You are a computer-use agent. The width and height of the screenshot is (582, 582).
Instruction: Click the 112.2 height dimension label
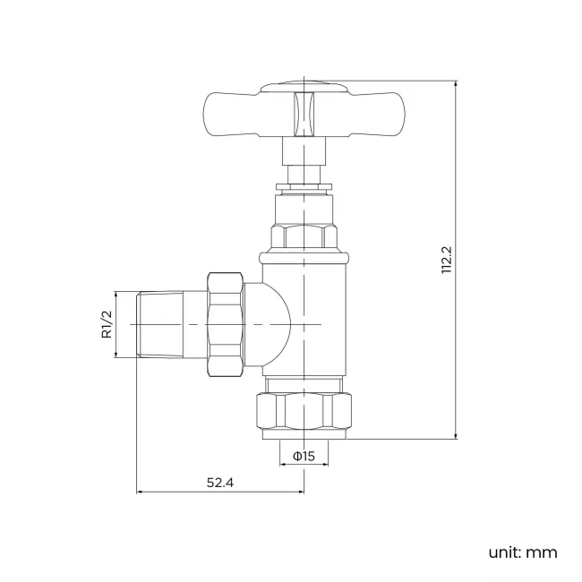447,260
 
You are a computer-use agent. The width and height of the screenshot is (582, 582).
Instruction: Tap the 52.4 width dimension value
220,483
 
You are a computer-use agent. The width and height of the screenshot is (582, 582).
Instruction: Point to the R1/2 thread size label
106,323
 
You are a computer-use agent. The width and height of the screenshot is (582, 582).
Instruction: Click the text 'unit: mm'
522,552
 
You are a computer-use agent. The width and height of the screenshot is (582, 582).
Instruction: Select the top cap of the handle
304,87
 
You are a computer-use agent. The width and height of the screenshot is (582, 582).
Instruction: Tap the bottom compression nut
304,409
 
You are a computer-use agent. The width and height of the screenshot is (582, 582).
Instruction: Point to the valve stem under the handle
304,166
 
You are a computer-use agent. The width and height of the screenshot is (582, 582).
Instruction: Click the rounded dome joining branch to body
273,323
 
